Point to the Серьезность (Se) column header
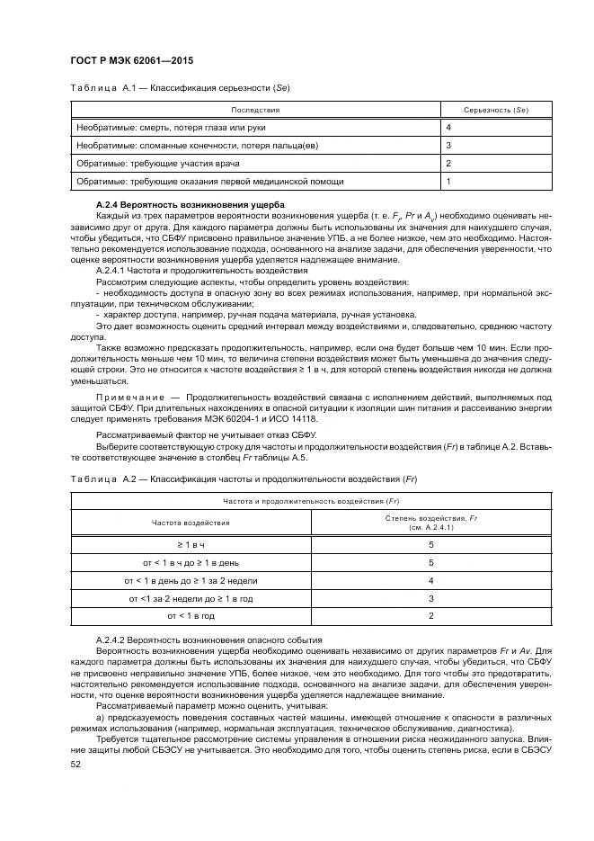pos(494,109)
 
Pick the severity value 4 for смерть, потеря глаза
pos(448,127)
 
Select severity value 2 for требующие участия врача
pos(448,164)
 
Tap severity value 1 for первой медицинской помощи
pos(448,182)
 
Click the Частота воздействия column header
pos(190,521)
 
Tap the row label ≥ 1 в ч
pos(191,545)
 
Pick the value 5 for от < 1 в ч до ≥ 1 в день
pos(431,563)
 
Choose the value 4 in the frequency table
pos(431,581)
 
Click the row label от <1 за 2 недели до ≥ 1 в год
pos(191,598)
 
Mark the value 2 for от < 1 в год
pos(431,616)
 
